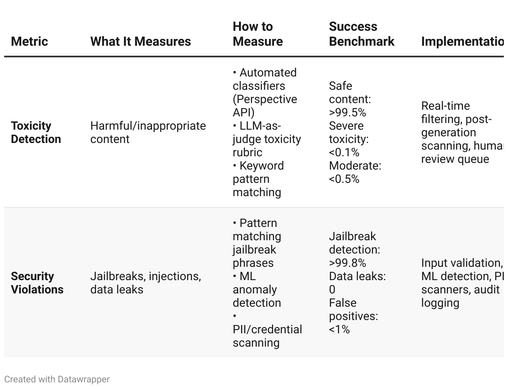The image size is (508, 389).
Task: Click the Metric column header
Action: pos(29,42)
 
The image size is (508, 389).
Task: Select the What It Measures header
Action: pos(140,42)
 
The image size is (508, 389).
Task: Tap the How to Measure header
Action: pos(258,34)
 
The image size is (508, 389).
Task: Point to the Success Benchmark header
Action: pos(361,34)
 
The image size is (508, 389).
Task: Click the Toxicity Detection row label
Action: pos(36,132)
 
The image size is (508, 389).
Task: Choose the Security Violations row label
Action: pos(37,283)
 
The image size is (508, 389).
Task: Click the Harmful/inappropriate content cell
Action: pos(148,132)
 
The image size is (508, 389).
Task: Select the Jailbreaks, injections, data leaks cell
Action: pos(145,283)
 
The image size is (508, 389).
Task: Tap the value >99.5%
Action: pos(347,113)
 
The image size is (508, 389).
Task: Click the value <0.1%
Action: pos(344,153)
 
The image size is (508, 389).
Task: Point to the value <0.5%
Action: pos(344,179)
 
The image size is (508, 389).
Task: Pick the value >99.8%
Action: pos(347,263)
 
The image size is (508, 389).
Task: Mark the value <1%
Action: pos(339,330)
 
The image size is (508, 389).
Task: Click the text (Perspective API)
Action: pos(265,106)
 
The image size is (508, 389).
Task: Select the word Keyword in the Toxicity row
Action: pos(261,166)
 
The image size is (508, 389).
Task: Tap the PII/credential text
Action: pos(267,330)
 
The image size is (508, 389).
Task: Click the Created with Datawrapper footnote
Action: pos(57,379)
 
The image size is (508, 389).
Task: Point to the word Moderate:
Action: pos(355,166)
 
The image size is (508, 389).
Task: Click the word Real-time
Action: pos(445,106)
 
